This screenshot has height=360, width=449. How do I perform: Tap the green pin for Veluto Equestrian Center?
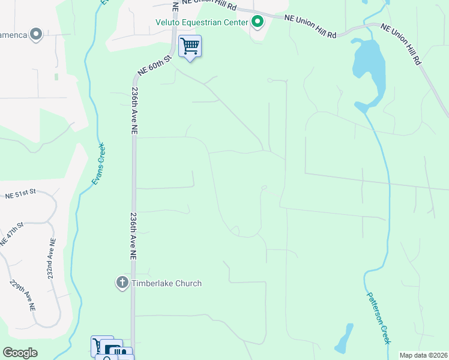point(258,23)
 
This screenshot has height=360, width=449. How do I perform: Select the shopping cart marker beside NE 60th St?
point(190,46)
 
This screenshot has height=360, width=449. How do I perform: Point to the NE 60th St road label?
point(155,65)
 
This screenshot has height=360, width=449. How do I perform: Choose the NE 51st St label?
point(21,194)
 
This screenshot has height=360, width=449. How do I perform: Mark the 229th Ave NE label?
point(22,295)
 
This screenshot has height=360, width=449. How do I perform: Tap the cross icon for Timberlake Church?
point(122,283)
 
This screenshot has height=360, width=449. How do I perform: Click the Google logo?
point(20,353)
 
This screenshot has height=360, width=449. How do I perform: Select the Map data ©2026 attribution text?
point(423,355)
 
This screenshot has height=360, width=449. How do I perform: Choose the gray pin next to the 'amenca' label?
point(37,34)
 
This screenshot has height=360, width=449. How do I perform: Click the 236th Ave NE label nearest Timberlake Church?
point(133,235)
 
